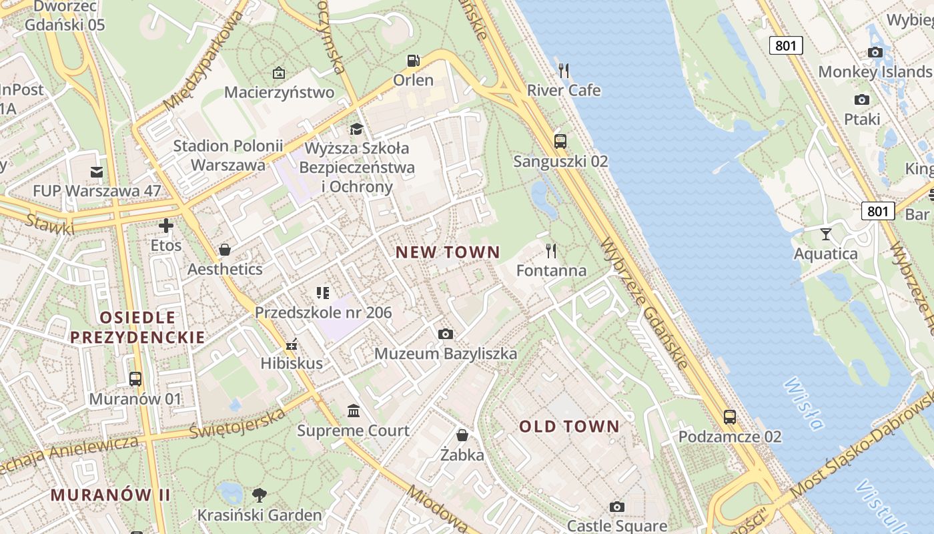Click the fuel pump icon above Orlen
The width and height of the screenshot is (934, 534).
pos(414,61)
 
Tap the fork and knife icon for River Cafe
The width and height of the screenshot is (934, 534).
pos(564,70)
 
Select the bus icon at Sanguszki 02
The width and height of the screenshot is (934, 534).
pos(560,142)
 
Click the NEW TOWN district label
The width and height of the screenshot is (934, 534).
pos(448,252)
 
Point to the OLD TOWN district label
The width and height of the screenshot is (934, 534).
pos(569,427)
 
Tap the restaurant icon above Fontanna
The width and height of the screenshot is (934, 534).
pos(551,251)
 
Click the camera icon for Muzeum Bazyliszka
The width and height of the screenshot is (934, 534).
pos(446,334)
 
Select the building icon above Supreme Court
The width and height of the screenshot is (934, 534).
pos(354,411)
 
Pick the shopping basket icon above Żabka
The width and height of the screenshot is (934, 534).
pos(462,436)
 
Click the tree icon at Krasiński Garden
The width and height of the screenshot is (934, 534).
pos(260,495)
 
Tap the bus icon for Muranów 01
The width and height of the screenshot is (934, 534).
pos(135,379)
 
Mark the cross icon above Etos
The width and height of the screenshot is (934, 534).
pos(166,226)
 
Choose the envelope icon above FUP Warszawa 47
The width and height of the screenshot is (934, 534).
pos(97,172)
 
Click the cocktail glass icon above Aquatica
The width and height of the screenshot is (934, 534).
pos(826,234)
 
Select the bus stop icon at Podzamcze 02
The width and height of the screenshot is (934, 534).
pos(730,417)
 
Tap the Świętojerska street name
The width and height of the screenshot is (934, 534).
pos(238,423)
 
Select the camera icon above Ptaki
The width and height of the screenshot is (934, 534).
pos(862,100)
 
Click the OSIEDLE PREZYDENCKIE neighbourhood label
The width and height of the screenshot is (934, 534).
pos(137,327)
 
